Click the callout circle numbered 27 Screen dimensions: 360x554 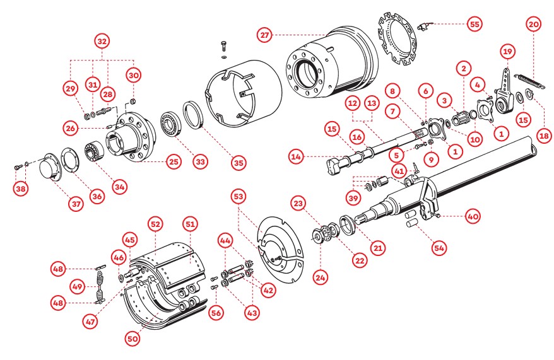(265, 34)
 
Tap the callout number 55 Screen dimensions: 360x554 (474, 24)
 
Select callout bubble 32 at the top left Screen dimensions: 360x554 (102, 41)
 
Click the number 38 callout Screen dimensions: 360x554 (21, 188)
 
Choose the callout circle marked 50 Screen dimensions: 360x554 (132, 339)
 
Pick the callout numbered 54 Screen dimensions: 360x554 (439, 248)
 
